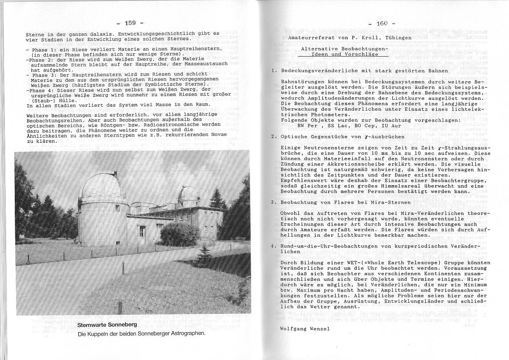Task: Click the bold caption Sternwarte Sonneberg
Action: (107, 325)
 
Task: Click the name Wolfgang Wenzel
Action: (304, 329)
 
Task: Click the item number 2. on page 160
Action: (274, 136)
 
